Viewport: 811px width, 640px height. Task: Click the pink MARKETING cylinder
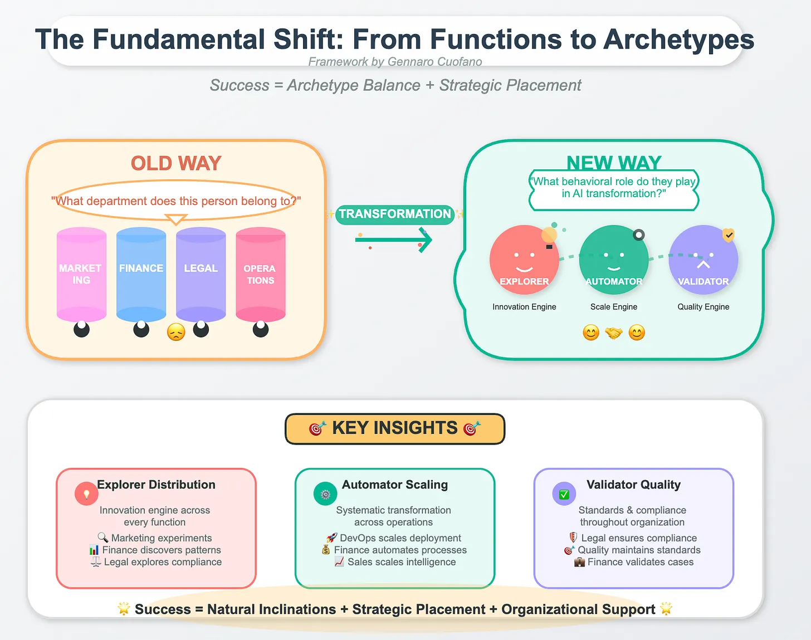(x=81, y=274)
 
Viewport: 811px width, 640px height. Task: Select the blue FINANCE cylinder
(x=141, y=274)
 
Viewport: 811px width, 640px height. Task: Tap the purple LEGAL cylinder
(x=201, y=274)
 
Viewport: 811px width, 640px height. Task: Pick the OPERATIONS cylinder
(x=260, y=274)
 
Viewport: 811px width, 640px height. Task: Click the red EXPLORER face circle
(x=524, y=260)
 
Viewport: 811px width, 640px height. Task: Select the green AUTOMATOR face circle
(x=613, y=260)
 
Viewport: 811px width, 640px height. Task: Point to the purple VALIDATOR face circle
(x=703, y=260)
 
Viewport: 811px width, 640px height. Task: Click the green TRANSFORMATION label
(x=394, y=214)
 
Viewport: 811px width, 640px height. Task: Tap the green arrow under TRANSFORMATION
(x=394, y=240)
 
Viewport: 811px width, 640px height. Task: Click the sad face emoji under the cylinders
(x=176, y=332)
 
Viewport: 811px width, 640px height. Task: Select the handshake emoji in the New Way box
(x=614, y=333)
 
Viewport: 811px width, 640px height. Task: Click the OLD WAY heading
(x=176, y=163)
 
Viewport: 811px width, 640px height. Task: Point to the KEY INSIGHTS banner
(x=394, y=428)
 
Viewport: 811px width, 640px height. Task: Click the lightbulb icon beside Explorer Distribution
(x=86, y=494)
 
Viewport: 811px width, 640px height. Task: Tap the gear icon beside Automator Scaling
(x=325, y=494)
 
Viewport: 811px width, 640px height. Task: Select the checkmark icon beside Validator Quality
(x=564, y=494)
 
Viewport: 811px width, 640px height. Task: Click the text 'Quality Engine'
(x=703, y=307)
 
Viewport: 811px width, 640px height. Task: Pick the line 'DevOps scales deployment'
(x=400, y=538)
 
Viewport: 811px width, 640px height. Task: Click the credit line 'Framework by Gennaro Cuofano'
(x=395, y=62)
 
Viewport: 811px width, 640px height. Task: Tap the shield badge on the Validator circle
(x=728, y=235)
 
